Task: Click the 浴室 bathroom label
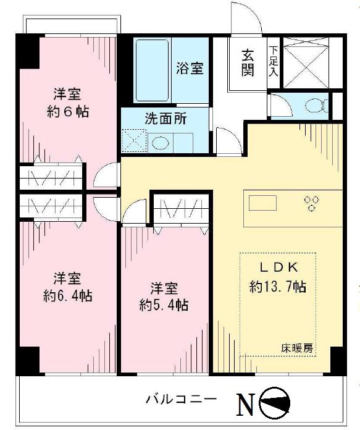point(190,68)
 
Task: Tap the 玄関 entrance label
point(247,62)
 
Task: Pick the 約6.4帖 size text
point(68,295)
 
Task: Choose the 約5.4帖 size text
point(164,305)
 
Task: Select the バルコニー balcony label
point(181,398)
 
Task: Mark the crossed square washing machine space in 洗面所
point(133,141)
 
